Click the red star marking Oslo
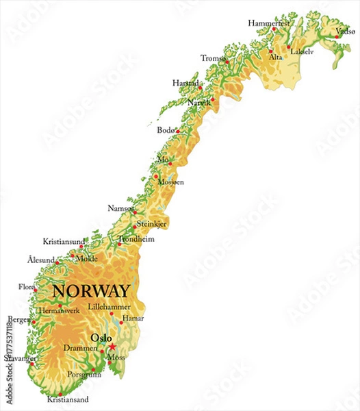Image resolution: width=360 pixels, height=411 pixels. (x=112, y=347)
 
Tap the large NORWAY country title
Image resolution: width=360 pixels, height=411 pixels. (x=90, y=290)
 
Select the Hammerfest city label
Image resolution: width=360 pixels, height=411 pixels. (x=269, y=23)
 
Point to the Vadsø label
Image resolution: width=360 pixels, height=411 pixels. (x=345, y=32)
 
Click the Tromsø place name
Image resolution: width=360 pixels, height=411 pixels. (x=213, y=58)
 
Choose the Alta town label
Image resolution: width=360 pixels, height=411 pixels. (x=275, y=58)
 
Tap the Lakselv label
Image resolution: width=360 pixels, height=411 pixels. (x=301, y=51)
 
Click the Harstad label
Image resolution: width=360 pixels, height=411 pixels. (x=185, y=83)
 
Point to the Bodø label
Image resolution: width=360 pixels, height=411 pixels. (x=166, y=129)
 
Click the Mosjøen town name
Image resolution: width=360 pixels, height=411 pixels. (x=170, y=182)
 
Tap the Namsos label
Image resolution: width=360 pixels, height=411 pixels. (x=120, y=208)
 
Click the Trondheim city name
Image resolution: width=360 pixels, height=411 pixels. (x=137, y=239)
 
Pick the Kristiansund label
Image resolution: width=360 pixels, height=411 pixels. (x=64, y=242)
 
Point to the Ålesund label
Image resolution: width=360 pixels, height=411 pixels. (x=40, y=260)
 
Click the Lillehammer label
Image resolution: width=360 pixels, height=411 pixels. (x=109, y=306)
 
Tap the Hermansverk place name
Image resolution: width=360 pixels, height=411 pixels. (x=60, y=310)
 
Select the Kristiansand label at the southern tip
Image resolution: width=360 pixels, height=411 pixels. (x=68, y=399)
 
